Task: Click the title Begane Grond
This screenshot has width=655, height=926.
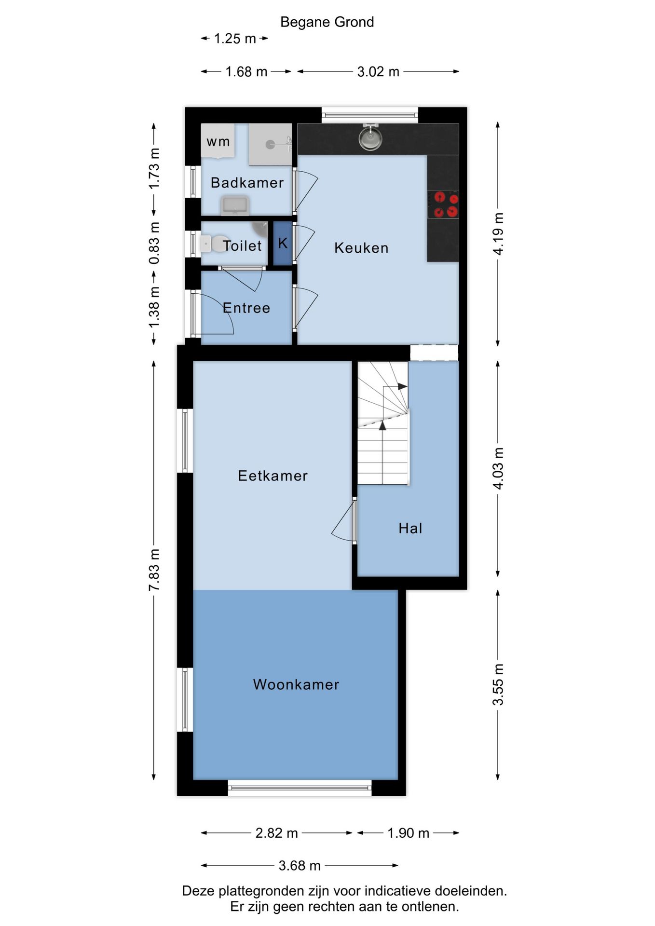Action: [327, 22]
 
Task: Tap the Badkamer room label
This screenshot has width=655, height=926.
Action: [247, 183]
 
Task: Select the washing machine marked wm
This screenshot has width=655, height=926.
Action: [218, 140]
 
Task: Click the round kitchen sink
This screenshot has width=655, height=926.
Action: [370, 138]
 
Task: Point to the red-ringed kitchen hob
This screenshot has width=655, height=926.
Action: [443, 204]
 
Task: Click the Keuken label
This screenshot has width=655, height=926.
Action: [361, 248]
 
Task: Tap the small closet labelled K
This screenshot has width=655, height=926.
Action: [283, 243]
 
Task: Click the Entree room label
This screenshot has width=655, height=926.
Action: [246, 308]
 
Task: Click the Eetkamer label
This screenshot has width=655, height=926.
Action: [273, 476]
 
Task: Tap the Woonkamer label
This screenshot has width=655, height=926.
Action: [296, 684]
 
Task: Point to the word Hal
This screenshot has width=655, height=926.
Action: [410, 528]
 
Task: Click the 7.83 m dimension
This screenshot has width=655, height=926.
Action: [154, 570]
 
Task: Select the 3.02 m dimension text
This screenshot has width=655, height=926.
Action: [378, 72]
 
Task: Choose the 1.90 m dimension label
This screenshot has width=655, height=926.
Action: [409, 833]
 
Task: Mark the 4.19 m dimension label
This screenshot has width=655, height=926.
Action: [498, 234]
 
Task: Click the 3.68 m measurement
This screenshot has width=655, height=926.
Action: [300, 866]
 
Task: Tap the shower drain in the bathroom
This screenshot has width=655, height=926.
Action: [271, 144]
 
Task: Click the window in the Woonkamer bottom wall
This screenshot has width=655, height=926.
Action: [300, 788]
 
